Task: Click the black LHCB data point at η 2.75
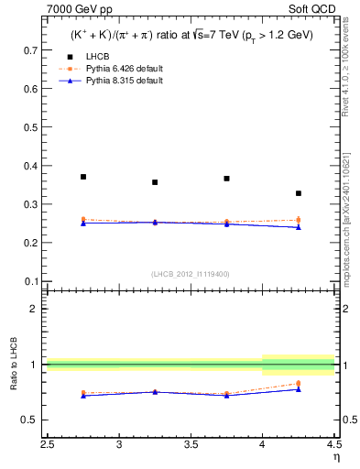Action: (83, 177)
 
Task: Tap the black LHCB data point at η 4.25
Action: (299, 193)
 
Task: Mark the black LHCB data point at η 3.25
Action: (155, 182)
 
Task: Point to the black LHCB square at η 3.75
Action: (226, 179)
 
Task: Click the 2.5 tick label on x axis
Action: (48, 445)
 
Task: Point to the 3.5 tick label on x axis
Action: (191, 445)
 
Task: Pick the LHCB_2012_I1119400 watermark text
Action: (191, 274)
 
